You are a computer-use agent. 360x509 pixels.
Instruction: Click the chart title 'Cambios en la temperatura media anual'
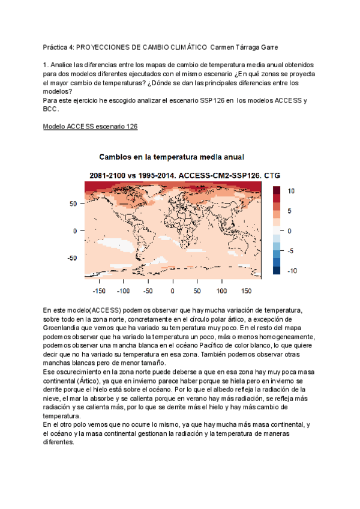tap(171, 157)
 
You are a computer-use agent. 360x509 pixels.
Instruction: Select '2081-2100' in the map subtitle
tap(107, 175)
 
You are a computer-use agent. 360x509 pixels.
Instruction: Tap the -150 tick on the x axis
tap(99, 291)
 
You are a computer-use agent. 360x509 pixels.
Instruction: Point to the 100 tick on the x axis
tap(221, 291)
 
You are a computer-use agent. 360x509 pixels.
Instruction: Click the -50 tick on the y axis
tap(71, 258)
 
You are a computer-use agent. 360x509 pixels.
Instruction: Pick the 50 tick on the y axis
tap(74, 204)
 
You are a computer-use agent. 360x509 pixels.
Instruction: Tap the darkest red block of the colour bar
tap(277, 190)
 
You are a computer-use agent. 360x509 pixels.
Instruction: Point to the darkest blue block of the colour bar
tap(277, 271)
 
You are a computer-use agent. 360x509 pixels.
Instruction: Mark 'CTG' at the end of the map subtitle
tap(272, 175)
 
